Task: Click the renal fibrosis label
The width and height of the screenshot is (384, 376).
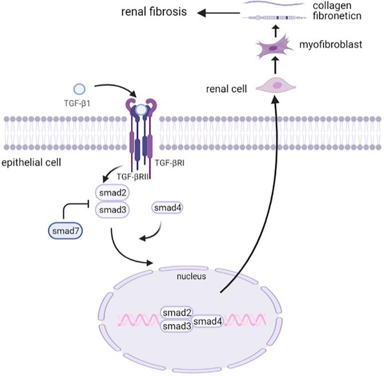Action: point(153,11)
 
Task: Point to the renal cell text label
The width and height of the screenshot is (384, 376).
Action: point(223,89)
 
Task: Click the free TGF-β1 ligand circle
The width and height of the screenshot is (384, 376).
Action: point(79,89)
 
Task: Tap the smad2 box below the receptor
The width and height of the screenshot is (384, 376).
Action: point(113,192)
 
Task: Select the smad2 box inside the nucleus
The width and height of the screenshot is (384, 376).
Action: point(176,313)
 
